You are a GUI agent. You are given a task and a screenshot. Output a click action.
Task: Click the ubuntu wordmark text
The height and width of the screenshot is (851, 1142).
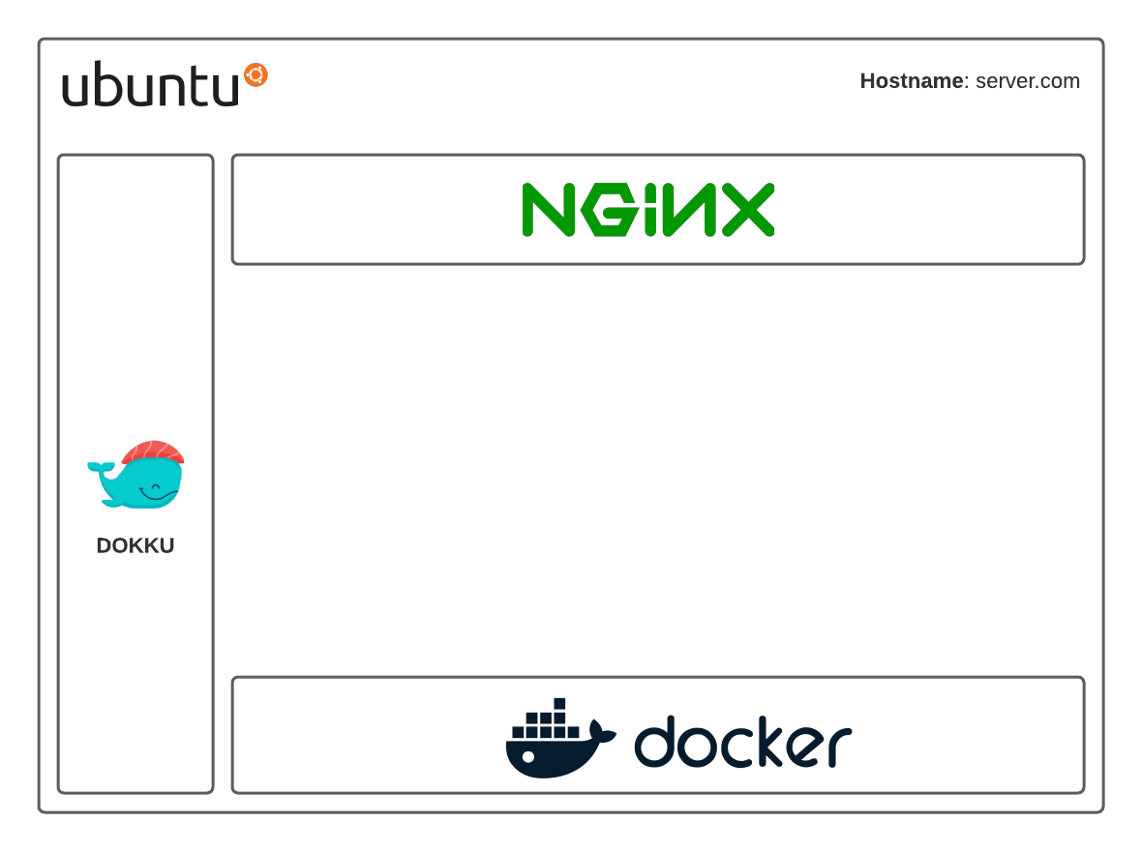click(150, 85)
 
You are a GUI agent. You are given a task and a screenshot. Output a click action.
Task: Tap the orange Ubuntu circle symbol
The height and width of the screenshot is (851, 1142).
click(255, 74)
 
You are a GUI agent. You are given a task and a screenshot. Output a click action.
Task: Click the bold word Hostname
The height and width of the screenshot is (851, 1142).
click(911, 81)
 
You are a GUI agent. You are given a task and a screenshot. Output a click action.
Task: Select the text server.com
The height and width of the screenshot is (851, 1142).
click(1027, 81)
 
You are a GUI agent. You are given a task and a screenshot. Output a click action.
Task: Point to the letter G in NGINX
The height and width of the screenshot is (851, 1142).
click(606, 210)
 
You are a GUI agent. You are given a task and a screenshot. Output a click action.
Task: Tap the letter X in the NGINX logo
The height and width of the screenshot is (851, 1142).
click(747, 209)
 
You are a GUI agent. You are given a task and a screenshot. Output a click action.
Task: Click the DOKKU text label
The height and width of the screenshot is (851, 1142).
click(135, 545)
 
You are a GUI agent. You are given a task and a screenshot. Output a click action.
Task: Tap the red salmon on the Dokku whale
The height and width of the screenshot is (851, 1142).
click(154, 452)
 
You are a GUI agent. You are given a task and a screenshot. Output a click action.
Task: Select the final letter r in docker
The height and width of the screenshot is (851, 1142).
click(840, 748)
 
